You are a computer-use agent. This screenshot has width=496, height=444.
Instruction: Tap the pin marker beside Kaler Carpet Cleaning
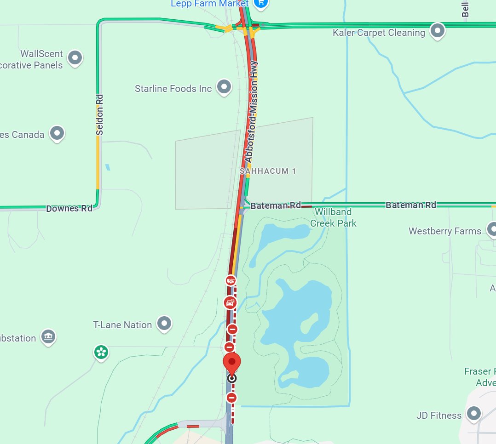[x=437, y=31]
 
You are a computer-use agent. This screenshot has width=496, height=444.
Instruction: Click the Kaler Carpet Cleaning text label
[x=379, y=33]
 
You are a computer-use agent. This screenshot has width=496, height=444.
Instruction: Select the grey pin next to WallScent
[x=75, y=58]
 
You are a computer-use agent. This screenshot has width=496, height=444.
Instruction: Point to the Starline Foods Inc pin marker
[x=224, y=86]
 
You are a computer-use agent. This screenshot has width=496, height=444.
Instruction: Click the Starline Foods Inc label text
[x=173, y=88]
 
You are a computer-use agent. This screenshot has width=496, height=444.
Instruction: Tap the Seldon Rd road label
[x=100, y=115]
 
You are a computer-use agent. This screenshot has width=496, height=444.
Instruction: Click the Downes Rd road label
[x=69, y=208]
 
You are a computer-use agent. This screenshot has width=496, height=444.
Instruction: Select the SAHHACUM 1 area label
[x=268, y=171]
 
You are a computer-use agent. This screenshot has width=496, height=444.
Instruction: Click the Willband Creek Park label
[x=333, y=217]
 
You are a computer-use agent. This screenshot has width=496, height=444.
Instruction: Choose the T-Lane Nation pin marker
[x=164, y=324]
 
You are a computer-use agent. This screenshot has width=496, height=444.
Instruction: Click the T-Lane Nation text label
[x=122, y=325]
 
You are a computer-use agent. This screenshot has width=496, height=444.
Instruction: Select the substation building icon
[x=48, y=337]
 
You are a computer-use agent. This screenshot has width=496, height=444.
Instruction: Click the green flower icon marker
[x=101, y=352]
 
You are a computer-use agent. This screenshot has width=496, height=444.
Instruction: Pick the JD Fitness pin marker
[x=473, y=414]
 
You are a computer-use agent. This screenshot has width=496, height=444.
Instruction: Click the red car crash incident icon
[x=230, y=302]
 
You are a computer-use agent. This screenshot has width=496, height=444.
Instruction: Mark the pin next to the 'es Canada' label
[x=57, y=134]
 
